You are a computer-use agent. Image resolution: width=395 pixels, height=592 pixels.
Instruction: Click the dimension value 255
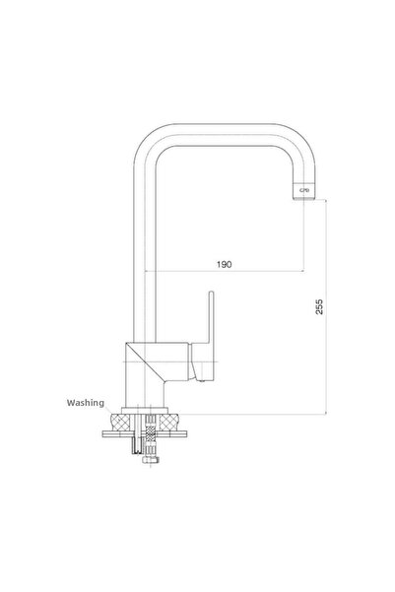pos(317,307)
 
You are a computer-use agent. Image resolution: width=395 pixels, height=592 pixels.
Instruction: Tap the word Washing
pos(86,402)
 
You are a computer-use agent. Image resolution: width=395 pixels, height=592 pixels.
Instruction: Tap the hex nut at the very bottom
pos(149,459)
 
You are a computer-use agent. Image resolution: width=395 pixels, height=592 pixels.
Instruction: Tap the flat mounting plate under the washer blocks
pos(148,433)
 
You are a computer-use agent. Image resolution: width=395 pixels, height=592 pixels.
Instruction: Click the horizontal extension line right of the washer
pos(256,414)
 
